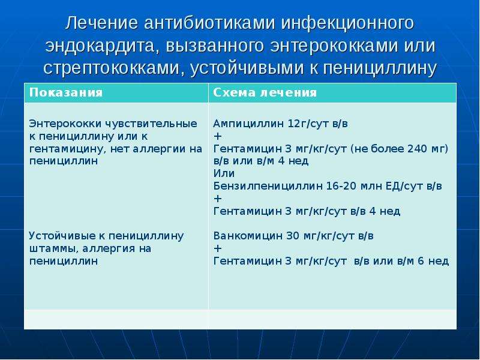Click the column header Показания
(66, 92)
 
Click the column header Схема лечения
(265, 92)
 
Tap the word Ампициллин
(248, 124)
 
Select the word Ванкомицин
(248, 236)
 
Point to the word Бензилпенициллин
(268, 186)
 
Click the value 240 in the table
(417, 149)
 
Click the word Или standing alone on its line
(224, 173)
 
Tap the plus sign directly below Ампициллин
(218, 136)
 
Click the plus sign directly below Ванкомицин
(218, 248)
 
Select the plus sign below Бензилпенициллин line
(218, 199)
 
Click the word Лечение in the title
(101, 23)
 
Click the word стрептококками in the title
(111, 68)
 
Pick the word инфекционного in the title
(347, 23)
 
